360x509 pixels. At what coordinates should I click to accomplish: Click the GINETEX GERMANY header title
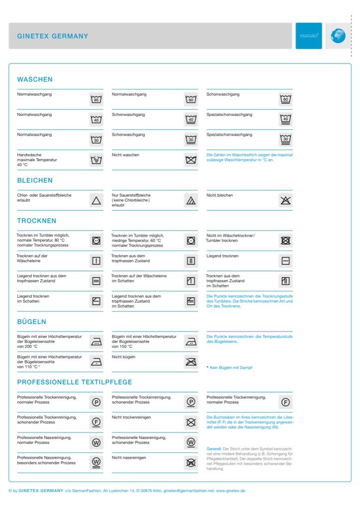[x=53, y=36]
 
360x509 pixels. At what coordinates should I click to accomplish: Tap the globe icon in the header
[x=338, y=36]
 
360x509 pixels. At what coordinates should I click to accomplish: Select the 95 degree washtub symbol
[x=96, y=99]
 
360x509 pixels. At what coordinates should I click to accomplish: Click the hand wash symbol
[x=96, y=160]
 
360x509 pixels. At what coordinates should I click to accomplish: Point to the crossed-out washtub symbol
[x=191, y=160]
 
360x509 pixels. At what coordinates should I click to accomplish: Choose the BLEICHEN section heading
[x=35, y=180]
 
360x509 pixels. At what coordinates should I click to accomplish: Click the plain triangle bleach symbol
[x=96, y=200]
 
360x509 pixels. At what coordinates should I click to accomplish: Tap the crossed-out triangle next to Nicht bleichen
[x=285, y=200]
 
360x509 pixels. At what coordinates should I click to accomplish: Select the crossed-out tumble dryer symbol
[x=285, y=241]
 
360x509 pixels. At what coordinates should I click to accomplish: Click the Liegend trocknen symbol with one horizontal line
[x=285, y=261]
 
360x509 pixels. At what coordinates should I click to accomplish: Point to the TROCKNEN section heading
[x=37, y=221]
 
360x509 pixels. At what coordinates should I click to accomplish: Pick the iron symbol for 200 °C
[x=96, y=341]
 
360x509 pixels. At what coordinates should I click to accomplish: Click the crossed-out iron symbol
[x=191, y=361]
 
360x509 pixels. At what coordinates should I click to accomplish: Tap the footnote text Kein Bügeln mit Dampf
[x=231, y=367]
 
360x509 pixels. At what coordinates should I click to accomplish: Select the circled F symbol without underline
[x=285, y=402]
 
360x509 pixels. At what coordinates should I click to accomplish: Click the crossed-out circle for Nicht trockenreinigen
[x=191, y=423]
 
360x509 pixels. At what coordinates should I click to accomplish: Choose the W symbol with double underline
[x=96, y=462]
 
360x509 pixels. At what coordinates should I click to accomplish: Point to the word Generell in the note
[x=214, y=449]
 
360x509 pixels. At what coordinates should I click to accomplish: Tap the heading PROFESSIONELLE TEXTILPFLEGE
[x=75, y=382]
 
